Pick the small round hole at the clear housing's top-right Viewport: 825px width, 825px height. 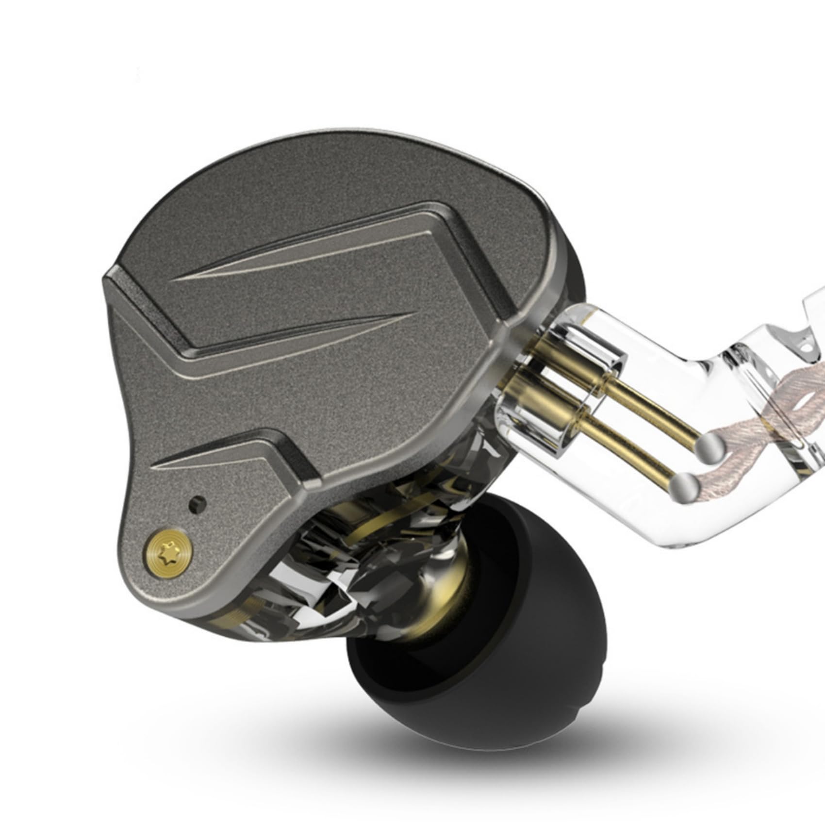click(x=807, y=347)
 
